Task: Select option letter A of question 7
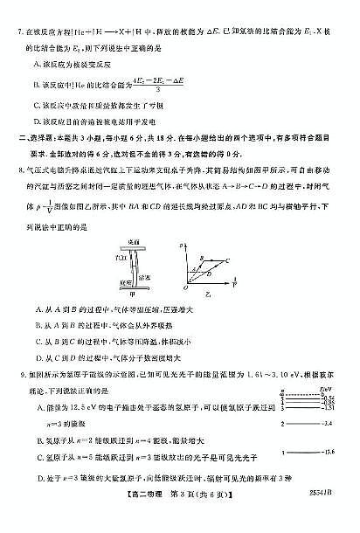(34, 64)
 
